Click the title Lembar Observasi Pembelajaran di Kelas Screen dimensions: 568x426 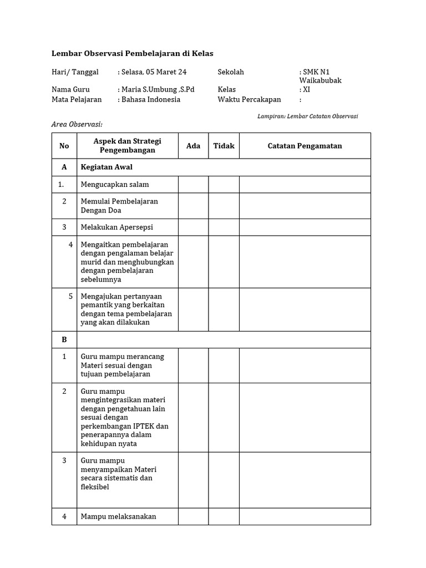point(132,53)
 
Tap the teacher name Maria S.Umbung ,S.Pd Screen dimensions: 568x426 point(158,89)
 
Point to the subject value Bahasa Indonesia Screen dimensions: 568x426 point(151,99)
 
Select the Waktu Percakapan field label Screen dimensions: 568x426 point(249,99)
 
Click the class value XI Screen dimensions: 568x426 point(306,89)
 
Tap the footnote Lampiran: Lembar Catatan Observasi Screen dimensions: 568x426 point(307,116)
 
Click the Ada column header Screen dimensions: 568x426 point(193,146)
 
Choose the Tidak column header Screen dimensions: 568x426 point(224,146)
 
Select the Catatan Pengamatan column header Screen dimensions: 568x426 point(305,146)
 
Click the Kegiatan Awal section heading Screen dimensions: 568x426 point(106,167)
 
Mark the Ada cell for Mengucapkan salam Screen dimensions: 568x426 point(193,184)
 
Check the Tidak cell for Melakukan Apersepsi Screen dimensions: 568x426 point(224,227)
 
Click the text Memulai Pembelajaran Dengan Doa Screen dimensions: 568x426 point(119,206)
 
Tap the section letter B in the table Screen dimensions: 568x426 point(64,339)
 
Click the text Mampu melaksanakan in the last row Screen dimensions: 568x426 point(118,516)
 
